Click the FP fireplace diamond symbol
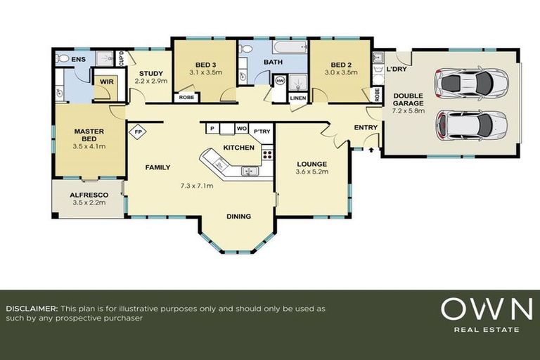point(137,130)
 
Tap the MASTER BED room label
point(89,134)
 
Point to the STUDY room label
point(150,73)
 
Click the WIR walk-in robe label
point(107,82)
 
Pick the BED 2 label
point(341,64)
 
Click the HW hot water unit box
point(280,82)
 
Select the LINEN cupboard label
point(297,98)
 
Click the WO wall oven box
point(241,129)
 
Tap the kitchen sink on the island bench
point(250,171)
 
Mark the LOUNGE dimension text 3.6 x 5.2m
point(312,172)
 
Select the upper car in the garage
point(464,83)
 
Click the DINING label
point(238,217)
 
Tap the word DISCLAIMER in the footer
point(31,309)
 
